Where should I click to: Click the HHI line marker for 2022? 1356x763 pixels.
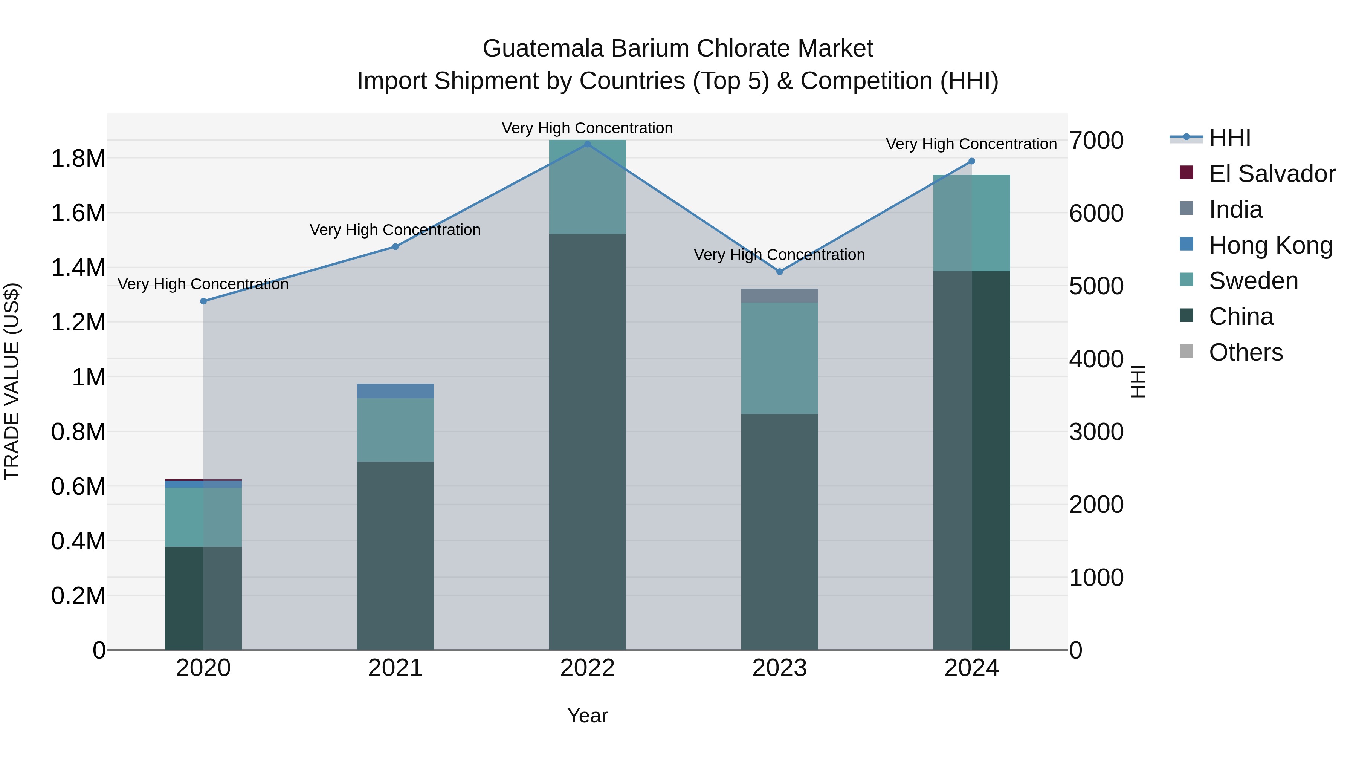(x=588, y=144)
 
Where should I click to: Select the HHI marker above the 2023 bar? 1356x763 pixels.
(x=780, y=272)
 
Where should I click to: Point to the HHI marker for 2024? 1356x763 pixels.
(x=972, y=161)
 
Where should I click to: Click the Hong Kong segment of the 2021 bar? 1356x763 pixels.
(x=395, y=391)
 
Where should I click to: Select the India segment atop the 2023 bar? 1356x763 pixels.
(x=780, y=295)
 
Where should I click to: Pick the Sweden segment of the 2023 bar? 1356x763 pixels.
(x=780, y=358)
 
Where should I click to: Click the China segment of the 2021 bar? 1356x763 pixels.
(x=395, y=555)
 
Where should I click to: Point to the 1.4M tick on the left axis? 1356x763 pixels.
(x=78, y=268)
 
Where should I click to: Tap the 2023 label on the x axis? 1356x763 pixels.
(x=780, y=668)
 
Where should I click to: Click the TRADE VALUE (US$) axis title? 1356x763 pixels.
(x=12, y=381)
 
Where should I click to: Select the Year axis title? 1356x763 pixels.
(x=588, y=716)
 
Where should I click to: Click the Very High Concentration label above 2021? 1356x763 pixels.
(x=395, y=230)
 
